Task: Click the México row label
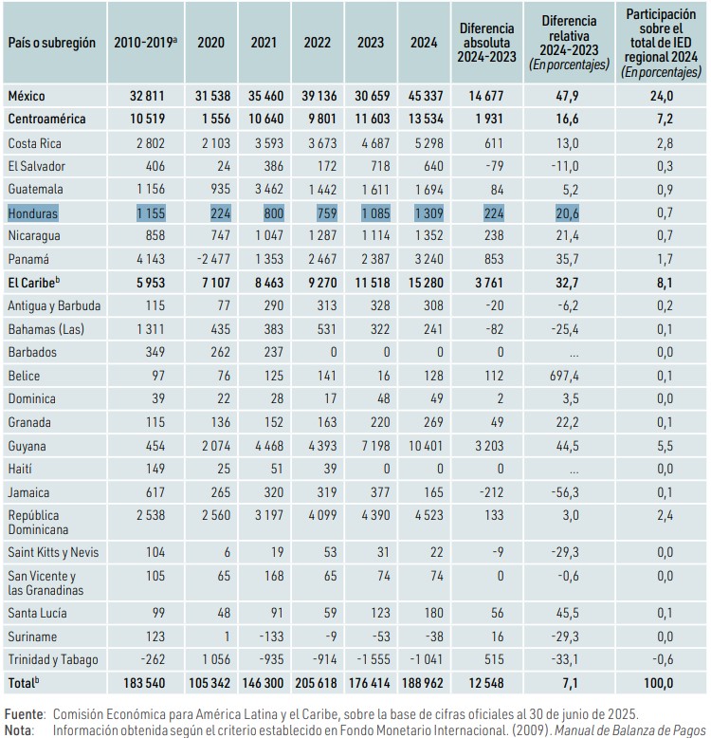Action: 27,96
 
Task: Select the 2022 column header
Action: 317,43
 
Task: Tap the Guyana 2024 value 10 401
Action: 426,445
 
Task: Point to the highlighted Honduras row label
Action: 33,213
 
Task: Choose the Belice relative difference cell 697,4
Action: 567,376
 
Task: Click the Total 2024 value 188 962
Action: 422,683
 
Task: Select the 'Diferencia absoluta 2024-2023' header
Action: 486,43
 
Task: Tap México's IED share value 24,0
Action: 661,96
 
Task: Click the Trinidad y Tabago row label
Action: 53,659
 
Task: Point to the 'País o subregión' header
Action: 52,43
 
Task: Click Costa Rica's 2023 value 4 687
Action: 375,143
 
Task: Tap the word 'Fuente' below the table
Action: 25,714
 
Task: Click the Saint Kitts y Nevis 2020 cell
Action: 227,552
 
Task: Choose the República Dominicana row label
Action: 38,523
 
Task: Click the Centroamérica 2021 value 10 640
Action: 265,119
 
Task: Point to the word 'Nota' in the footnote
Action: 19,730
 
